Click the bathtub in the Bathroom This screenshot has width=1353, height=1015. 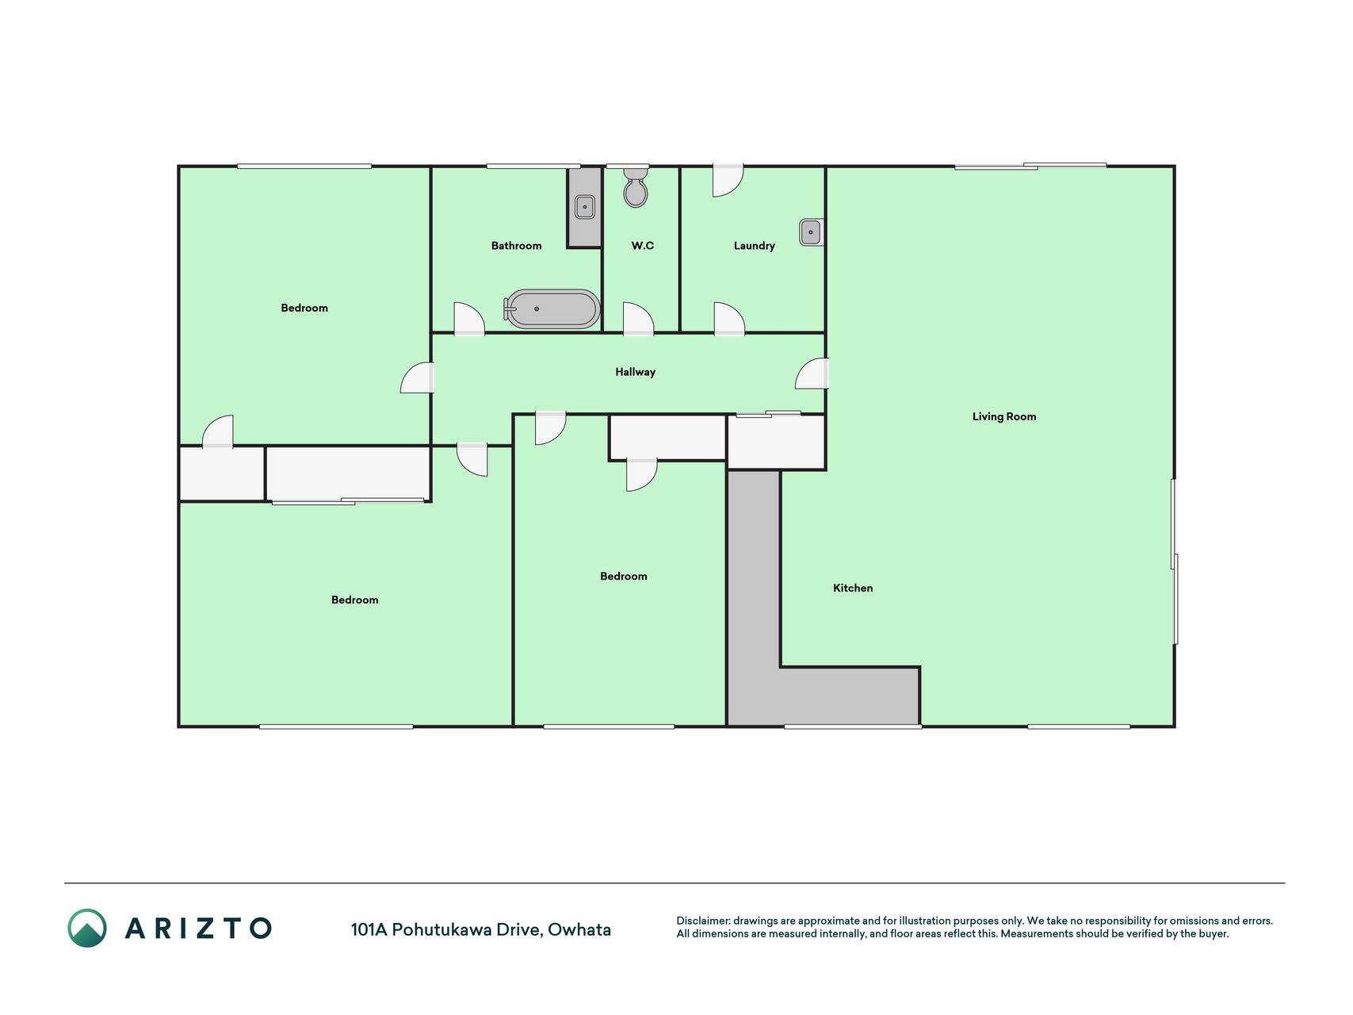click(x=552, y=308)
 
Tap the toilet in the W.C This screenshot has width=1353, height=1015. click(x=636, y=187)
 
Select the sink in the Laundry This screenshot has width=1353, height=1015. click(x=811, y=232)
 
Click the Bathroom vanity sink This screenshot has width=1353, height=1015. click(x=585, y=206)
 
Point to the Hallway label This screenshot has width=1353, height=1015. click(x=636, y=372)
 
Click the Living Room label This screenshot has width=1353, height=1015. click(x=1004, y=416)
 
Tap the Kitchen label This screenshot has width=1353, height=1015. click(x=853, y=588)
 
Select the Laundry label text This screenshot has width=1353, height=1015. click(x=755, y=246)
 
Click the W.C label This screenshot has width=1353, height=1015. click(x=643, y=246)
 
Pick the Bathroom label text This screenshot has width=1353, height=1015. click(x=517, y=246)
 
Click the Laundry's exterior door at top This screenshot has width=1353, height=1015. click(x=728, y=180)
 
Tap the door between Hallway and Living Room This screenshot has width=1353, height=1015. click(x=812, y=373)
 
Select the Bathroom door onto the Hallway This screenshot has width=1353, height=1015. click(x=468, y=319)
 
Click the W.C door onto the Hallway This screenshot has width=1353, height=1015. click(x=638, y=319)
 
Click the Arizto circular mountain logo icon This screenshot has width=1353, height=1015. click(x=87, y=928)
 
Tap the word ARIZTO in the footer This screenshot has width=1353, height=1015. click(x=198, y=928)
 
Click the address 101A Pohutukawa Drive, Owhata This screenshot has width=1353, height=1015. click(x=481, y=929)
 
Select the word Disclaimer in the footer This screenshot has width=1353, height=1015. click(x=702, y=921)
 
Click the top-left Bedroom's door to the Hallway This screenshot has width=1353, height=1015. click(x=418, y=377)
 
